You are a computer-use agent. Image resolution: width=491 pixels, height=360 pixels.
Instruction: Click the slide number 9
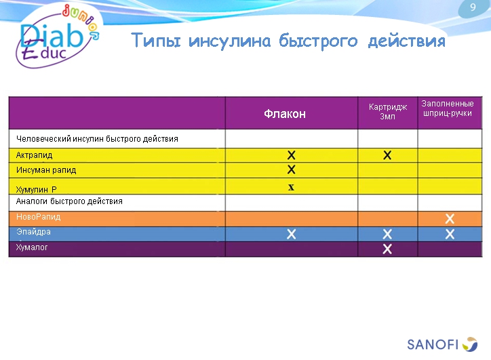pyautogui.click(x=473, y=7)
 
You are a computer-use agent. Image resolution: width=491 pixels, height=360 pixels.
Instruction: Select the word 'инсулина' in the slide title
pyautogui.click(x=226, y=41)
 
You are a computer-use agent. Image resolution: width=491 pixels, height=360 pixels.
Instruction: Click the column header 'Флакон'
pyautogui.click(x=285, y=114)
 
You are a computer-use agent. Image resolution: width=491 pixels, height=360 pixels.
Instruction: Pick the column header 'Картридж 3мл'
pyautogui.click(x=387, y=112)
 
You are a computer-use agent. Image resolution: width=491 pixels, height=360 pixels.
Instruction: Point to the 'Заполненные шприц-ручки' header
pyautogui.click(x=448, y=108)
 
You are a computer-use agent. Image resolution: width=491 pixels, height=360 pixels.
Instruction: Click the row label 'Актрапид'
pyautogui.click(x=35, y=155)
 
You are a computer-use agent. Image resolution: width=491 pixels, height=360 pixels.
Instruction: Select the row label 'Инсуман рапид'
pyautogui.click(x=46, y=170)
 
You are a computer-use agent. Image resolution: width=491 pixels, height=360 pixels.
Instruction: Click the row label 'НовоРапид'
pyautogui.click(x=39, y=217)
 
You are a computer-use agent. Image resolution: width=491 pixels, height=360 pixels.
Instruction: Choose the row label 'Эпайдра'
pyautogui.click(x=33, y=232)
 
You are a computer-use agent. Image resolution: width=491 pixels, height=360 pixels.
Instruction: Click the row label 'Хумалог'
pyautogui.click(x=32, y=247)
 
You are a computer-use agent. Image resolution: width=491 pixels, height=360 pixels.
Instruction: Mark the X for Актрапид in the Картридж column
pyautogui.click(x=387, y=155)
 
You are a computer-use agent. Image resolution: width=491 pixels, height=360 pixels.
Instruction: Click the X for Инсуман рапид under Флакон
pyautogui.click(x=291, y=169)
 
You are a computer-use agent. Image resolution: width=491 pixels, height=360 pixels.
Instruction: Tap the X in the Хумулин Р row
pyautogui.click(x=291, y=187)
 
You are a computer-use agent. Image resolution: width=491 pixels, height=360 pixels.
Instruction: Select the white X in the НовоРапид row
pyautogui.click(x=449, y=218)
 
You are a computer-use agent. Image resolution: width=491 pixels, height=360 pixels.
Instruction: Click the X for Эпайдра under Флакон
pyautogui.click(x=291, y=234)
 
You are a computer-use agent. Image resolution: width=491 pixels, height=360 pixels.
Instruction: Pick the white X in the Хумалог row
pyautogui.click(x=387, y=249)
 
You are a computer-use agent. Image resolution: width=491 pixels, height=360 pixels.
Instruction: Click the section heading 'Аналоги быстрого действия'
pyautogui.click(x=69, y=201)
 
